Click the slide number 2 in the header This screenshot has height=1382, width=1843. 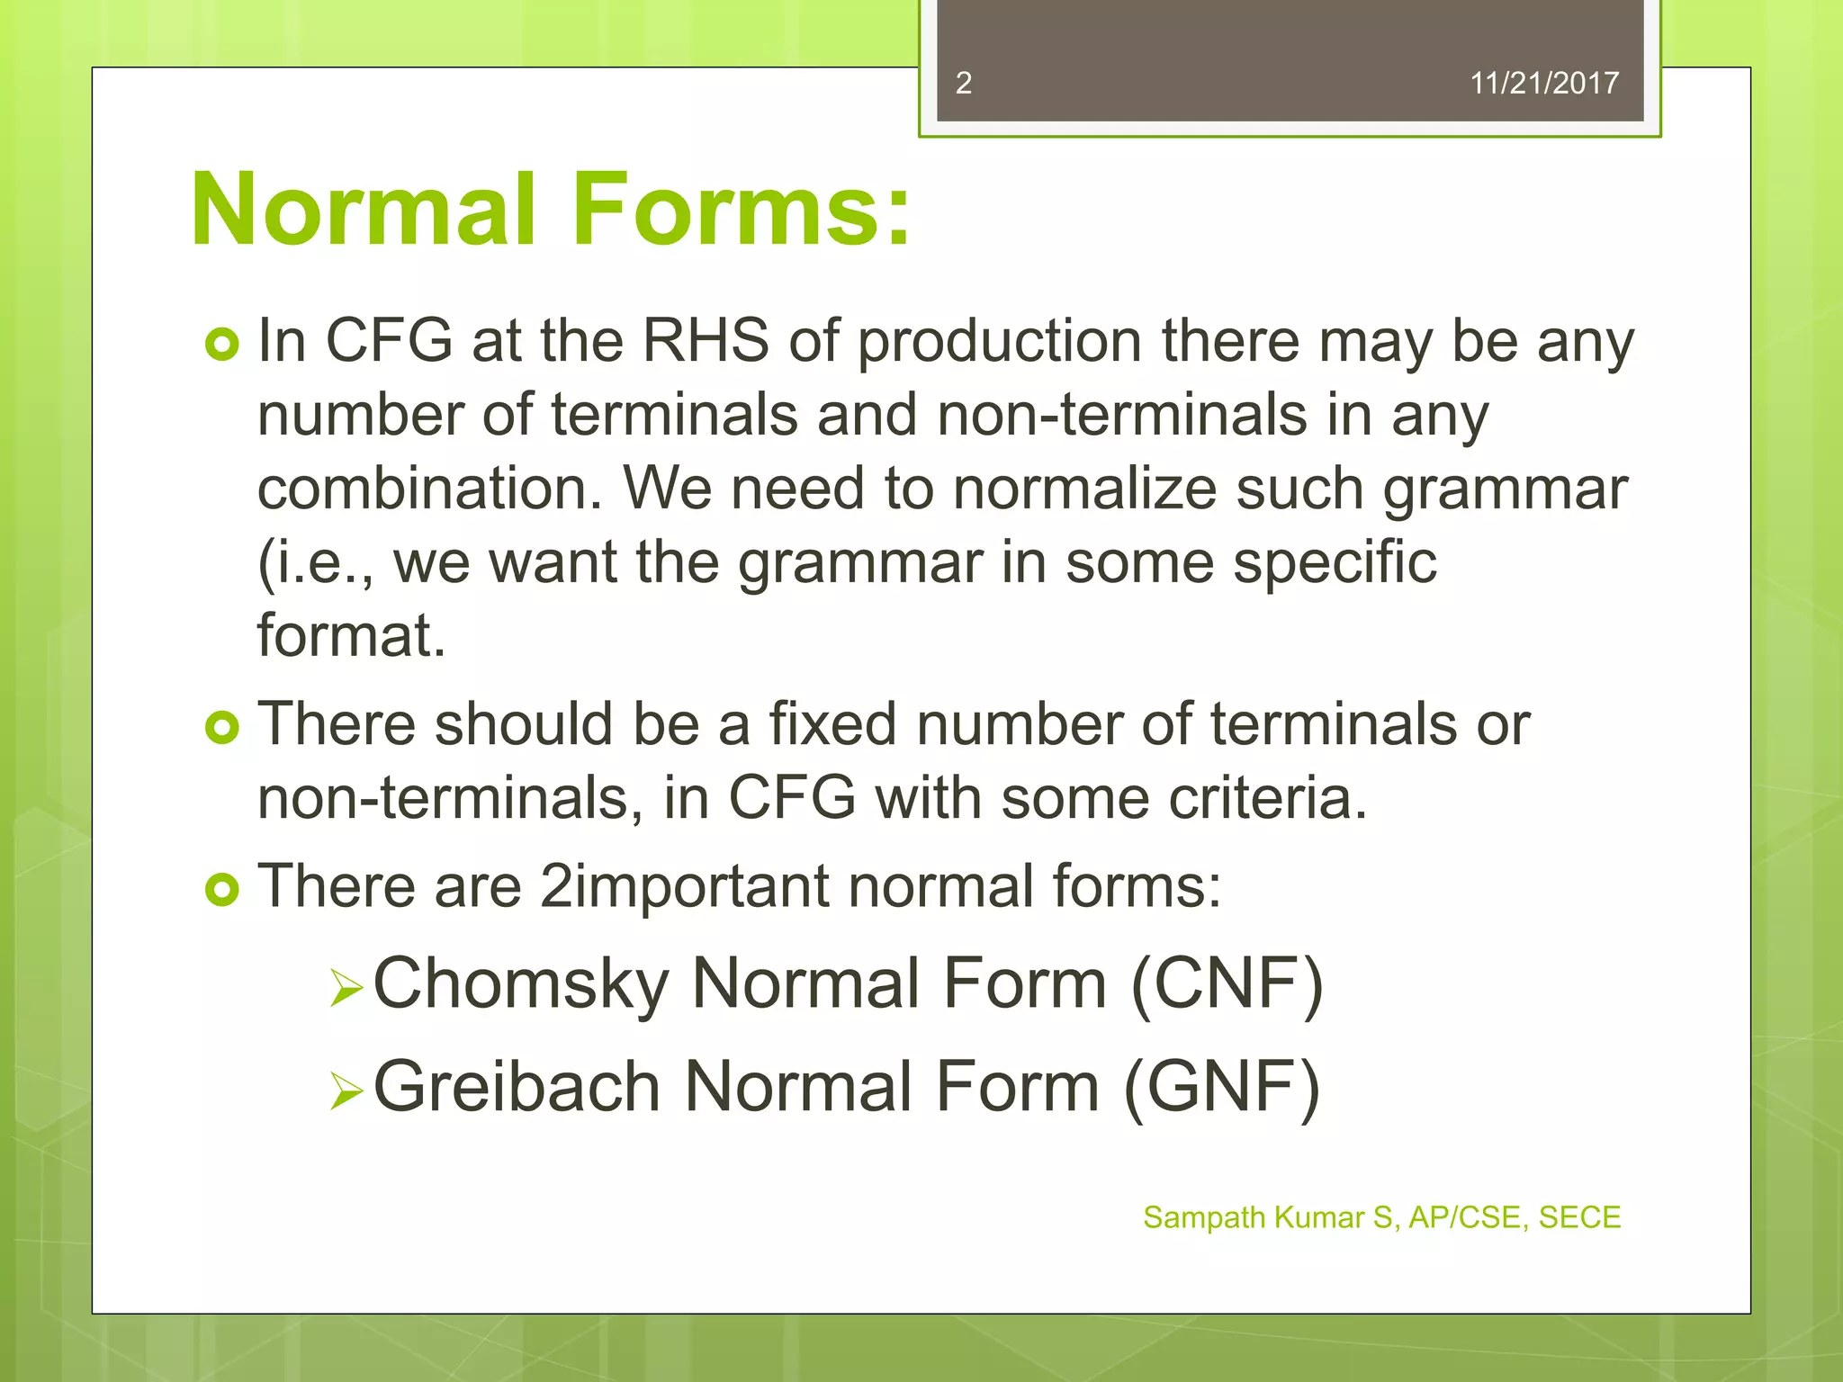[963, 83]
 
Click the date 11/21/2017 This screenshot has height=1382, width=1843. [1543, 83]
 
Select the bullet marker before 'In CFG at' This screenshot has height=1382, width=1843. [221, 345]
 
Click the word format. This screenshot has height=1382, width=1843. [351, 636]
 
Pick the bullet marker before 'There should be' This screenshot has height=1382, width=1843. [221, 727]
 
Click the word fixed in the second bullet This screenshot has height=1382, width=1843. [832, 724]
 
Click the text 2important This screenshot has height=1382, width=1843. [684, 887]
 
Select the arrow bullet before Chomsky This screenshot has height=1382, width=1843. [346, 988]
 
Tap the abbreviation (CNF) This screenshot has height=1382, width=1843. [1227, 984]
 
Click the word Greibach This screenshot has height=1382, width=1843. [517, 1087]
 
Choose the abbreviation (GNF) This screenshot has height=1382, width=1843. [1222, 1087]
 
